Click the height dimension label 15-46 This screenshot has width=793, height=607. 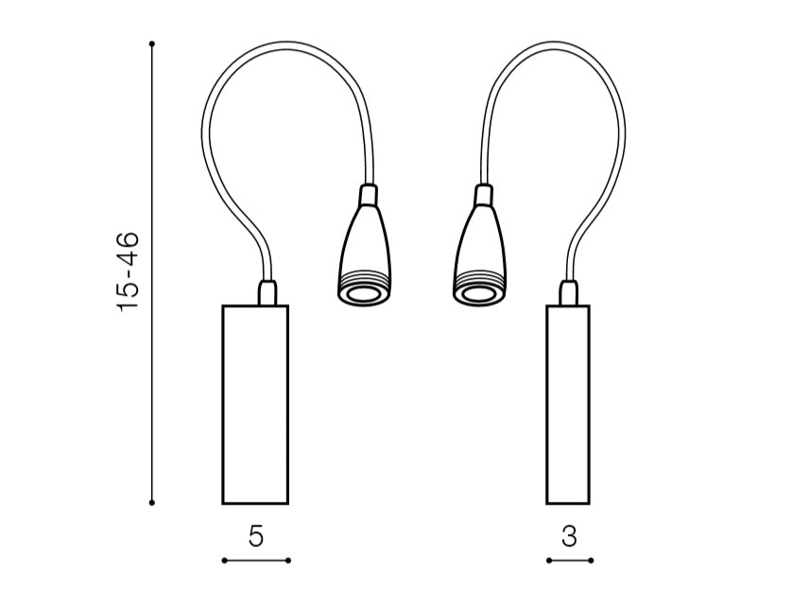click(128, 271)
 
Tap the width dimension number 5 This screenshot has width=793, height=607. click(256, 536)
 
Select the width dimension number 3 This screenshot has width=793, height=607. click(569, 536)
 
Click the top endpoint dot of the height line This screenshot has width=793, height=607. click(152, 44)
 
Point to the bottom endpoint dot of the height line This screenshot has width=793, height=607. click(152, 503)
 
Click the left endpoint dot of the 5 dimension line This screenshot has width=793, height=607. click(224, 560)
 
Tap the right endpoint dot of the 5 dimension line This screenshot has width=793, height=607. click(287, 560)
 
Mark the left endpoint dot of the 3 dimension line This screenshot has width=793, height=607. click(549, 560)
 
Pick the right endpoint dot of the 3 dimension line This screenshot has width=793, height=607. click(591, 560)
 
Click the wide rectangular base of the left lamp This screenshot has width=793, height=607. click(255, 405)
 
